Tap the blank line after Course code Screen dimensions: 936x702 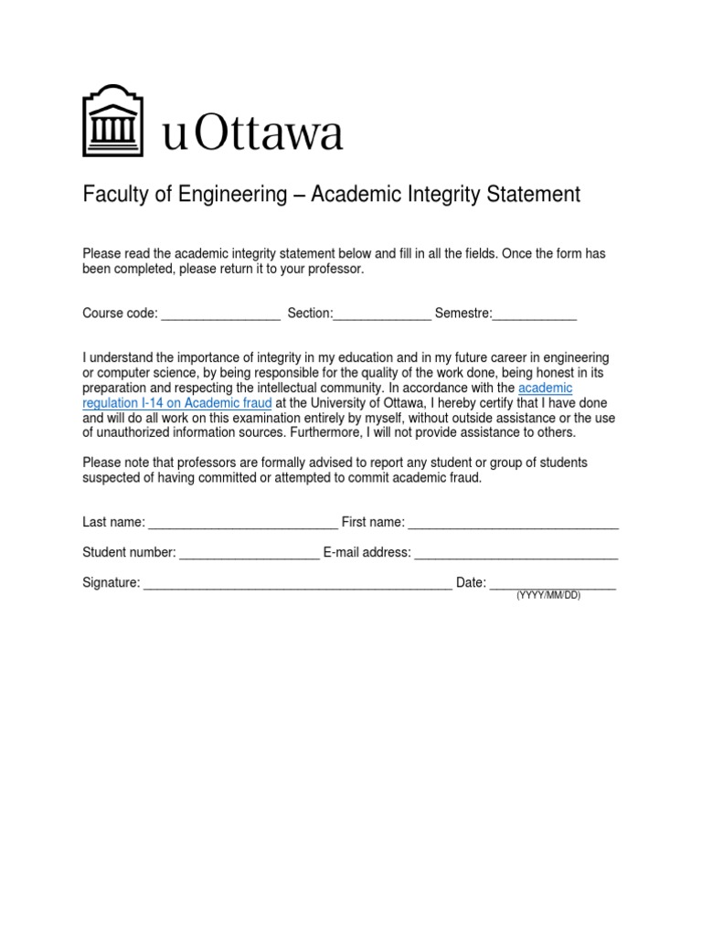[221, 316]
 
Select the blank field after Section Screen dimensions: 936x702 [382, 316]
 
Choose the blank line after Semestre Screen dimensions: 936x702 [535, 316]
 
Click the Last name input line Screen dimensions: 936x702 [242, 525]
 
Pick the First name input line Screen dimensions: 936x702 [513, 525]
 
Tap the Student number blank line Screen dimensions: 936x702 [249, 555]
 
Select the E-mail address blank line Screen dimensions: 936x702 [516, 555]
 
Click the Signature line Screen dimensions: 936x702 [297, 585]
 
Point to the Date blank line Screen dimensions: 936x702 [552, 585]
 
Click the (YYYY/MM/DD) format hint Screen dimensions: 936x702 [548, 596]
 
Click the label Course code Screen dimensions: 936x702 [121, 314]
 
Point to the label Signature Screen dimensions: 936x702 [111, 582]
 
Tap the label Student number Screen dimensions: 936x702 [129, 552]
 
